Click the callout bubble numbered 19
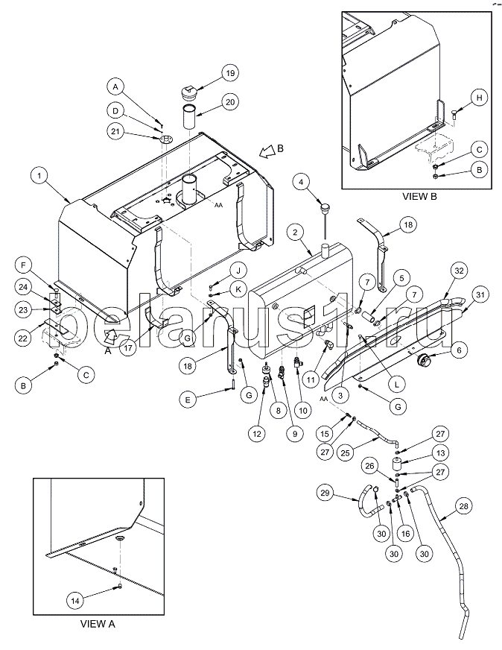point(230,73)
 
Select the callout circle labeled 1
point(39,176)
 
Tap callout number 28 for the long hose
point(463,506)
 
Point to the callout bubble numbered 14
point(75,600)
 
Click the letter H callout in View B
point(479,98)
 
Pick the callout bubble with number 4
point(301,182)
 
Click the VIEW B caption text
point(419,197)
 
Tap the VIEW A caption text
point(98,623)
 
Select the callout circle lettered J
point(238,271)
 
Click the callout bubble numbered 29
point(324,493)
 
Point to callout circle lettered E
point(188,400)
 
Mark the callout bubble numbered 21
point(115,131)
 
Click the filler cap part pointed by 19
point(188,92)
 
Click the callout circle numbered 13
point(440,452)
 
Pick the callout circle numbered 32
point(460,271)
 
